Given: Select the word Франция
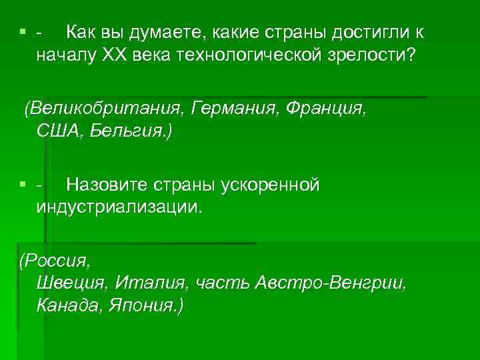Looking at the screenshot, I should pyautogui.click(x=326, y=107).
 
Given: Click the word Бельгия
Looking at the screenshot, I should pyautogui.click(x=132, y=131).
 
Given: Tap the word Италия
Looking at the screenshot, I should pyautogui.click(x=152, y=283).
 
